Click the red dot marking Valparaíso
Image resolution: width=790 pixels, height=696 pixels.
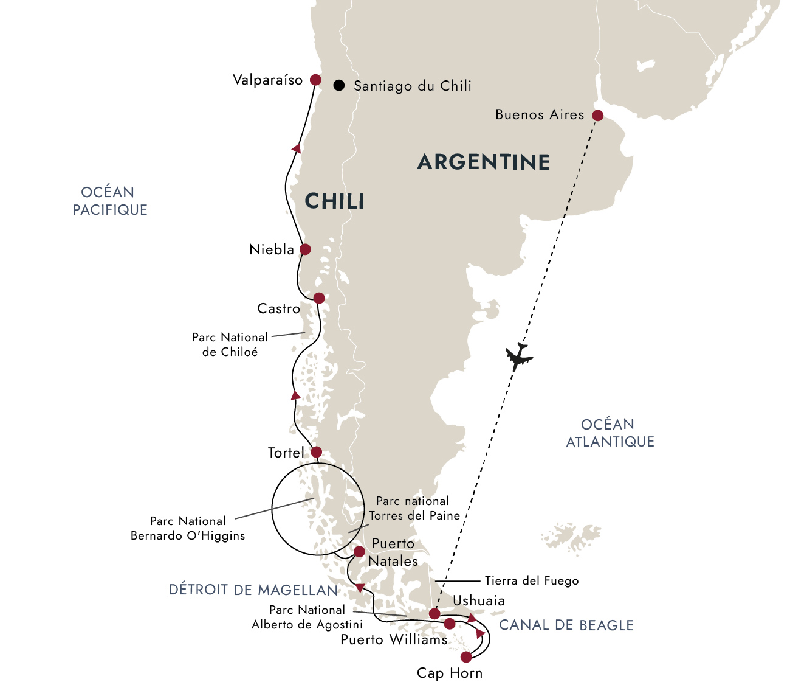pyautogui.click(x=315, y=80)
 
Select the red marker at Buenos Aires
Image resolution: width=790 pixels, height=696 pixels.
pyautogui.click(x=597, y=116)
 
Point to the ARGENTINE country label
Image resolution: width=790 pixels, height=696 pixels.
pyautogui.click(x=484, y=162)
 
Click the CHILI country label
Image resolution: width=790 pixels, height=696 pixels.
pyautogui.click(x=334, y=201)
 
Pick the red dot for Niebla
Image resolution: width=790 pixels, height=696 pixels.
pyautogui.click(x=305, y=249)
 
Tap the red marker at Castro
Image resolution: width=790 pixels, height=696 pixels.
pyautogui.click(x=318, y=298)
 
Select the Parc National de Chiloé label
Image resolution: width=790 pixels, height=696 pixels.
pyautogui.click(x=230, y=344)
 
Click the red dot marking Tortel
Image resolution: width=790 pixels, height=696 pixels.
pyautogui.click(x=316, y=452)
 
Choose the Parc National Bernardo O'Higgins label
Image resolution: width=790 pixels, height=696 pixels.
pyautogui.click(x=188, y=528)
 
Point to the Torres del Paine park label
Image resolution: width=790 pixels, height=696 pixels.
pyautogui.click(x=413, y=508)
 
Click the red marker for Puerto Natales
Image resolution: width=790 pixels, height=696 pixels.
pyautogui.click(x=359, y=552)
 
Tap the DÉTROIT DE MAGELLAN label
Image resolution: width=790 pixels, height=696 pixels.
pyautogui.click(x=253, y=590)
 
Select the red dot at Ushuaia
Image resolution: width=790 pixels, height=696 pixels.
pyautogui.click(x=434, y=613)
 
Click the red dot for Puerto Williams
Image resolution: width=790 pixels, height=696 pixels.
pyautogui.click(x=450, y=624)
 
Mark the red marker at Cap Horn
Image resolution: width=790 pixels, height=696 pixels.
pyautogui.click(x=466, y=657)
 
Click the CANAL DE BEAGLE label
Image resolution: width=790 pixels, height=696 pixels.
pyautogui.click(x=566, y=625)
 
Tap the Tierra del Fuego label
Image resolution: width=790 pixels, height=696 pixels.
pyautogui.click(x=531, y=580)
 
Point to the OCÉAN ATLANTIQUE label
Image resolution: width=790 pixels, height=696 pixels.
pyautogui.click(x=610, y=433)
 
